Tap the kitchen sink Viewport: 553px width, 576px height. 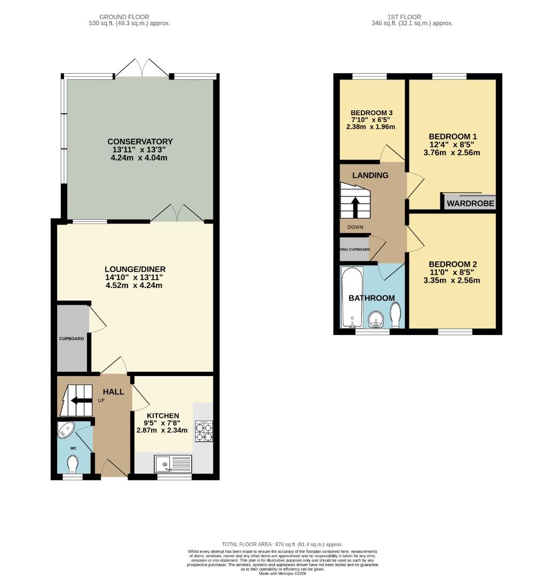point(173,464)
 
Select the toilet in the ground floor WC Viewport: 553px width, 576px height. point(72,463)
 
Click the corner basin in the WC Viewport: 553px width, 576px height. point(67,429)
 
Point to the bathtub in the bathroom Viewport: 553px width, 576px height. point(352,297)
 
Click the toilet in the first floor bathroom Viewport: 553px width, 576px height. point(396,315)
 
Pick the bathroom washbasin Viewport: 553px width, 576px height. point(377,321)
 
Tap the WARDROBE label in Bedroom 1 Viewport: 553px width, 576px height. point(469,204)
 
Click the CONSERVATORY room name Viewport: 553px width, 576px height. point(140,141)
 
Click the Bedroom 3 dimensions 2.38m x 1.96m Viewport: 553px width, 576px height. point(370,127)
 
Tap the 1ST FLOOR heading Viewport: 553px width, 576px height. point(412,17)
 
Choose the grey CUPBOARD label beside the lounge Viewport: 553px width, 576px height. point(71,338)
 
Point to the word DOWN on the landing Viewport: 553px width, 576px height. point(355,227)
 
